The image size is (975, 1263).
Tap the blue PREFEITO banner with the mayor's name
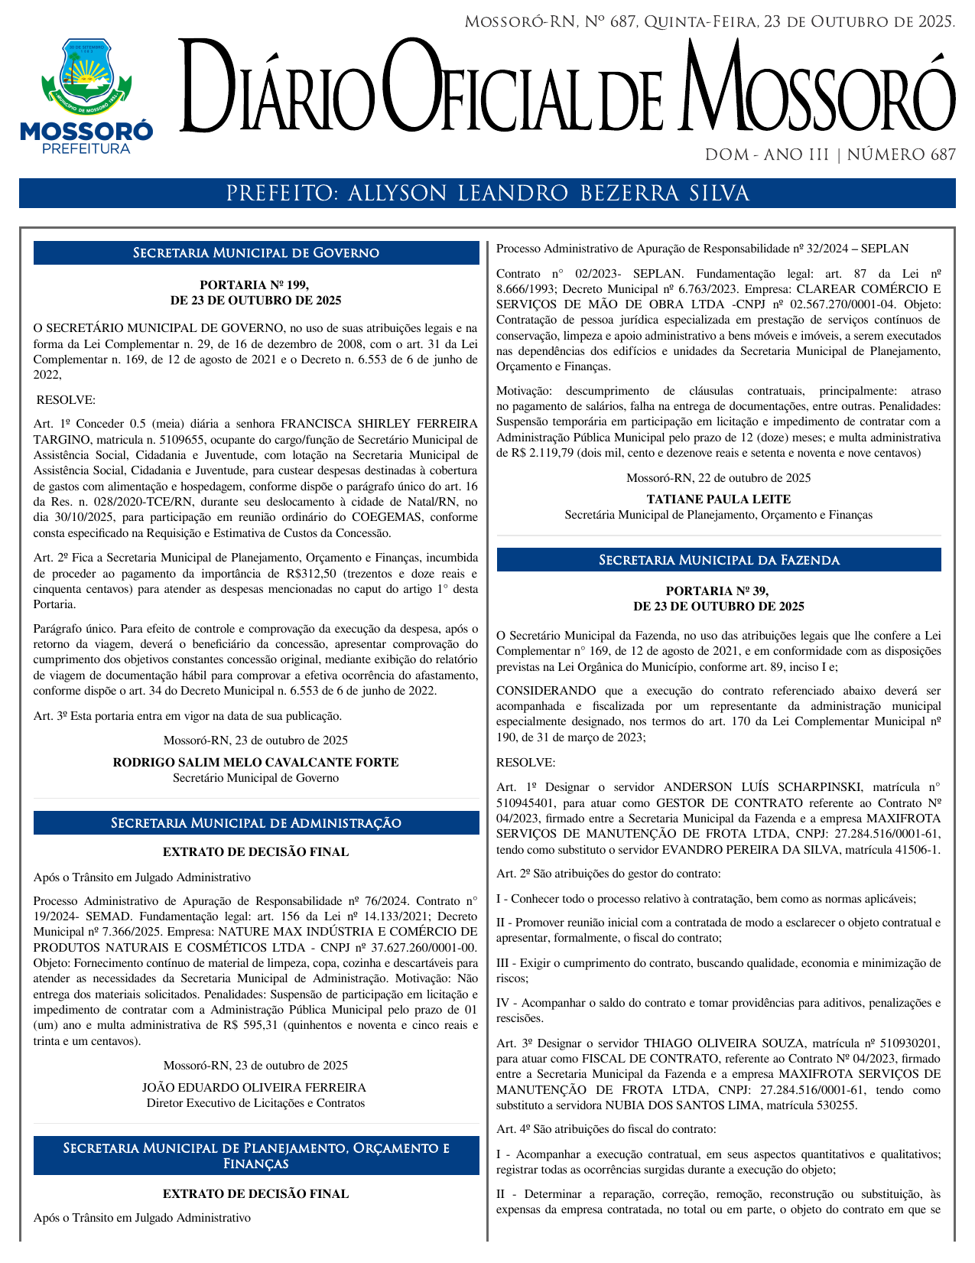487,194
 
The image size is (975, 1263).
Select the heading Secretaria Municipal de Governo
256,253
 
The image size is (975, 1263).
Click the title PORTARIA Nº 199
255,285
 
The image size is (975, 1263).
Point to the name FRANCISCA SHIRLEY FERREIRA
379,424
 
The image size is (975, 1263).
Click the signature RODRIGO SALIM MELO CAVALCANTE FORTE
255,763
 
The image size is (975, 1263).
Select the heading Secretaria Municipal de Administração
256,823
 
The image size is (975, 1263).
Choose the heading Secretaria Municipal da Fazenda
719,561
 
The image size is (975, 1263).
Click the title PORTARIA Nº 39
718,591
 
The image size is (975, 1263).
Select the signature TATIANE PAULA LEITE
718,500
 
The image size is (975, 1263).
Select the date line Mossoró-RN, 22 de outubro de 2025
718,478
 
